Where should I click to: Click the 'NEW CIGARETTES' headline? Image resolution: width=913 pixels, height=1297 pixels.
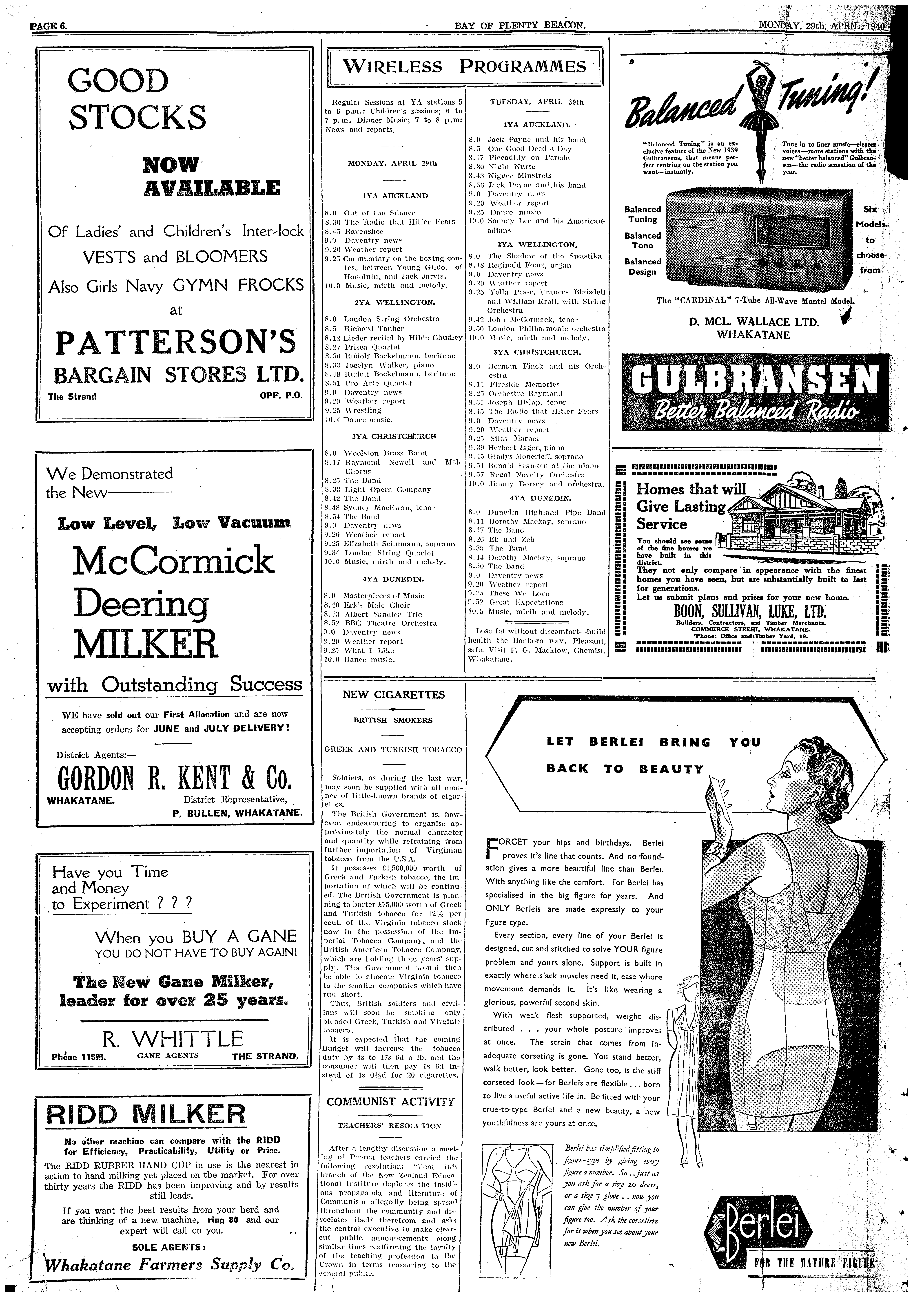pos(394,695)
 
